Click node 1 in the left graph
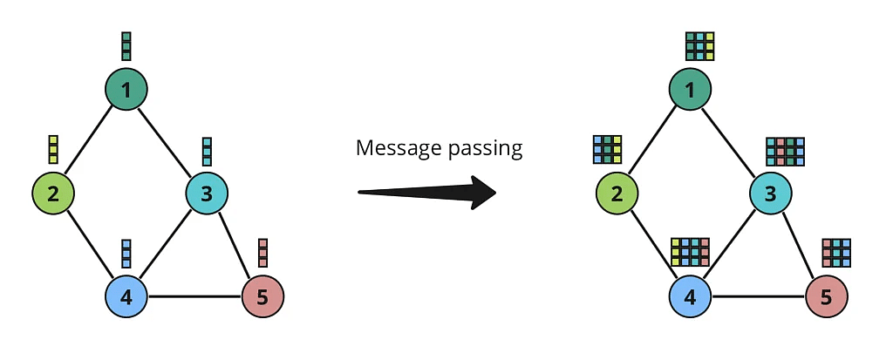126,89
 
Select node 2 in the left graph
53,193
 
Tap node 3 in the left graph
207,193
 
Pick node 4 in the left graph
126,297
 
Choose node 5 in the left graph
262,297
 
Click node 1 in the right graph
691,89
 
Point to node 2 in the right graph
617,193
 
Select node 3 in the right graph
771,193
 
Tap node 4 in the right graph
691,297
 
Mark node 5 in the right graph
827,297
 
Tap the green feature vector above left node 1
126,45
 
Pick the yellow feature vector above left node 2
53,149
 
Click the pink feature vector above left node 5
262,253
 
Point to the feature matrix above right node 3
785,151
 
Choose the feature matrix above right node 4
691,252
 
